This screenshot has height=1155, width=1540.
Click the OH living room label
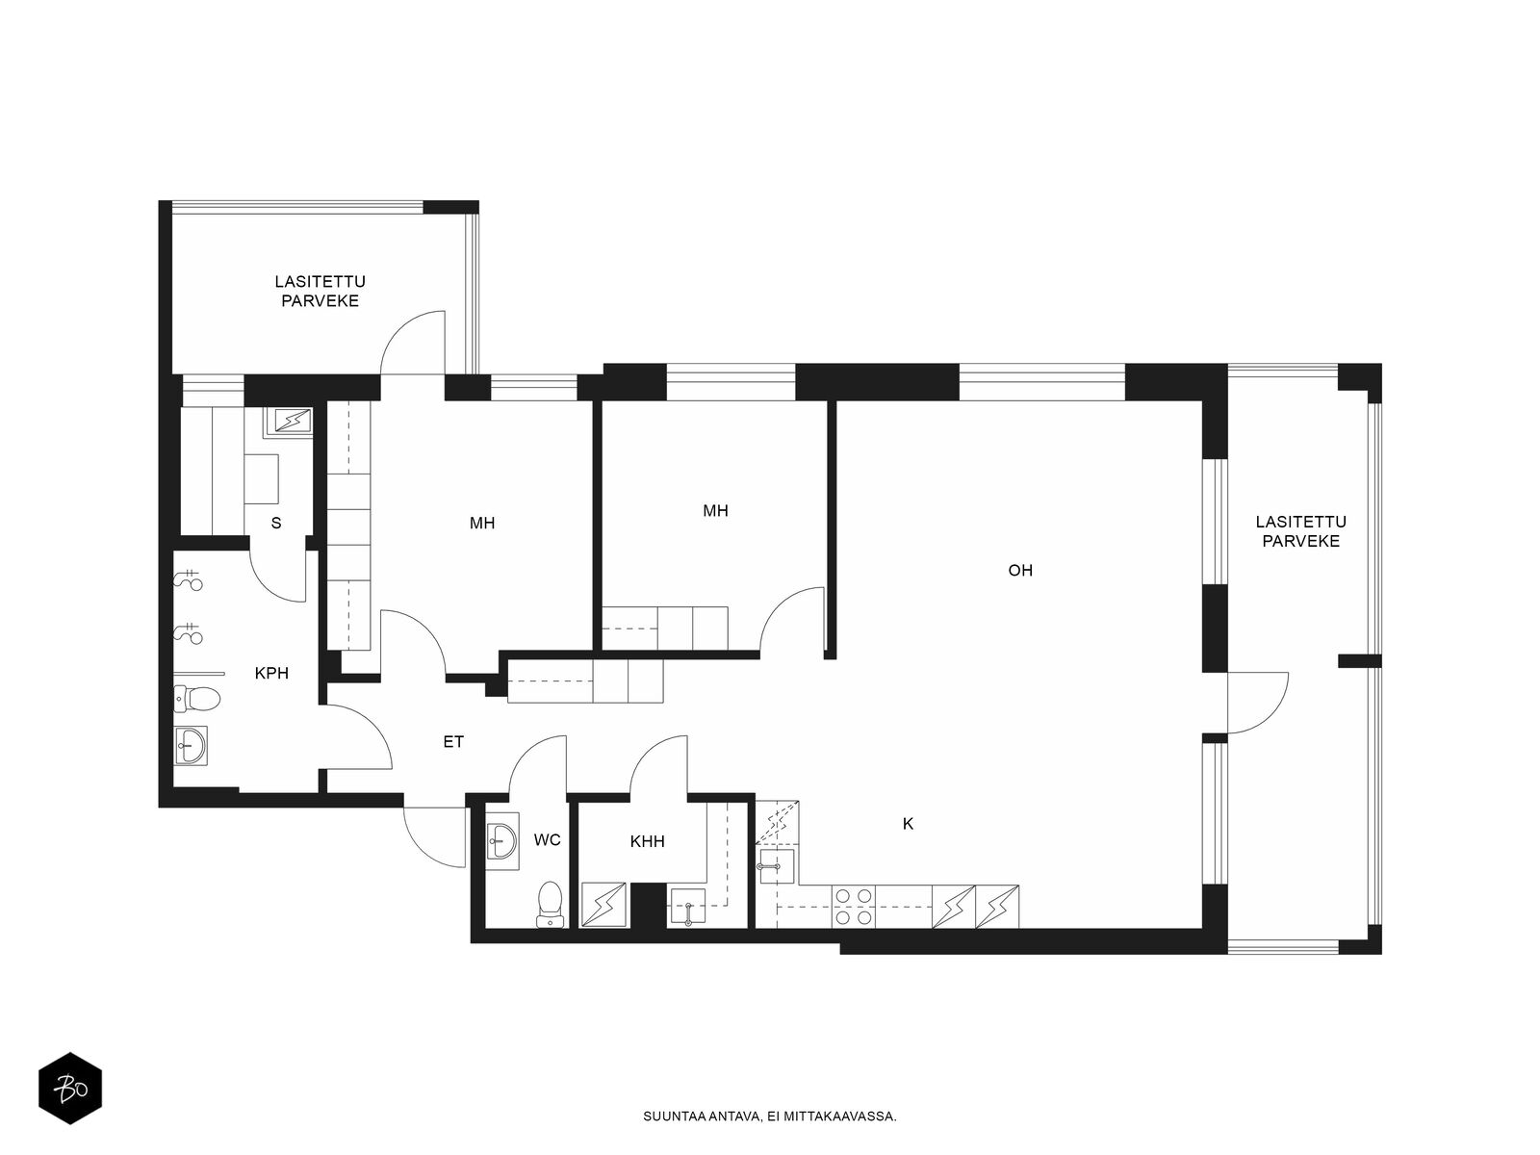pyautogui.click(x=1020, y=571)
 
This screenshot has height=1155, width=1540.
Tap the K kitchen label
pyautogui.click(x=908, y=824)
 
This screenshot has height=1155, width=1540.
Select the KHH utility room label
pyautogui.click(x=647, y=841)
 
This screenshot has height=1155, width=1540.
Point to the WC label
pyautogui.click(x=548, y=840)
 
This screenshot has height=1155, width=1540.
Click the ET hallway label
pyautogui.click(x=453, y=741)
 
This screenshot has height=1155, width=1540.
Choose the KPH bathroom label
pyautogui.click(x=271, y=673)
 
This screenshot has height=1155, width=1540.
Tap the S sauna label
pyautogui.click(x=275, y=524)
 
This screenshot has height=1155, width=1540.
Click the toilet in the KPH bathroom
pyautogui.click(x=197, y=698)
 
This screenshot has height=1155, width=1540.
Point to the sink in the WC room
pyautogui.click(x=502, y=841)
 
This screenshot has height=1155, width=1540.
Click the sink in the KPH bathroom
pyautogui.click(x=191, y=745)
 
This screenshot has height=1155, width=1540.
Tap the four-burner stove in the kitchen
pyautogui.click(x=854, y=907)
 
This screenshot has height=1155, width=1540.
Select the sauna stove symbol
pyautogui.click(x=288, y=422)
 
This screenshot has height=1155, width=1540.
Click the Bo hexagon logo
pyautogui.click(x=70, y=1089)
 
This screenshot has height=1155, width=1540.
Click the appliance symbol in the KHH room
pyautogui.click(x=603, y=905)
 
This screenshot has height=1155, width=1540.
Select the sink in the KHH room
pyautogui.click(x=688, y=906)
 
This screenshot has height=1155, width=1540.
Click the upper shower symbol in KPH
pyautogui.click(x=188, y=580)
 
